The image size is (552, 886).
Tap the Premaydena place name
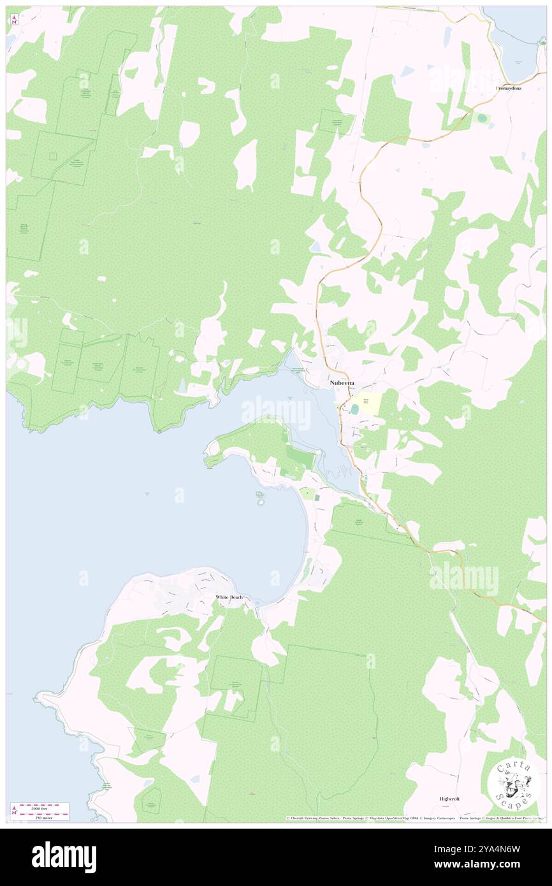click(515, 88)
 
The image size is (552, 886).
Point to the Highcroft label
click(449, 798)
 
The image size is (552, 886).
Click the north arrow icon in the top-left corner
click(14, 20)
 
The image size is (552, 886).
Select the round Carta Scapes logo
click(513, 783)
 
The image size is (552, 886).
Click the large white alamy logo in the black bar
click(64, 857)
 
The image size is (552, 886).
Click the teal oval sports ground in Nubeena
click(353, 409)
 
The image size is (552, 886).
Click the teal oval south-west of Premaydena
click(482, 118)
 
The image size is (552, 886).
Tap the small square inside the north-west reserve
click(54, 156)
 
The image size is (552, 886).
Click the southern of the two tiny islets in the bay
click(261, 502)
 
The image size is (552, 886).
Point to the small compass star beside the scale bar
click(14, 811)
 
